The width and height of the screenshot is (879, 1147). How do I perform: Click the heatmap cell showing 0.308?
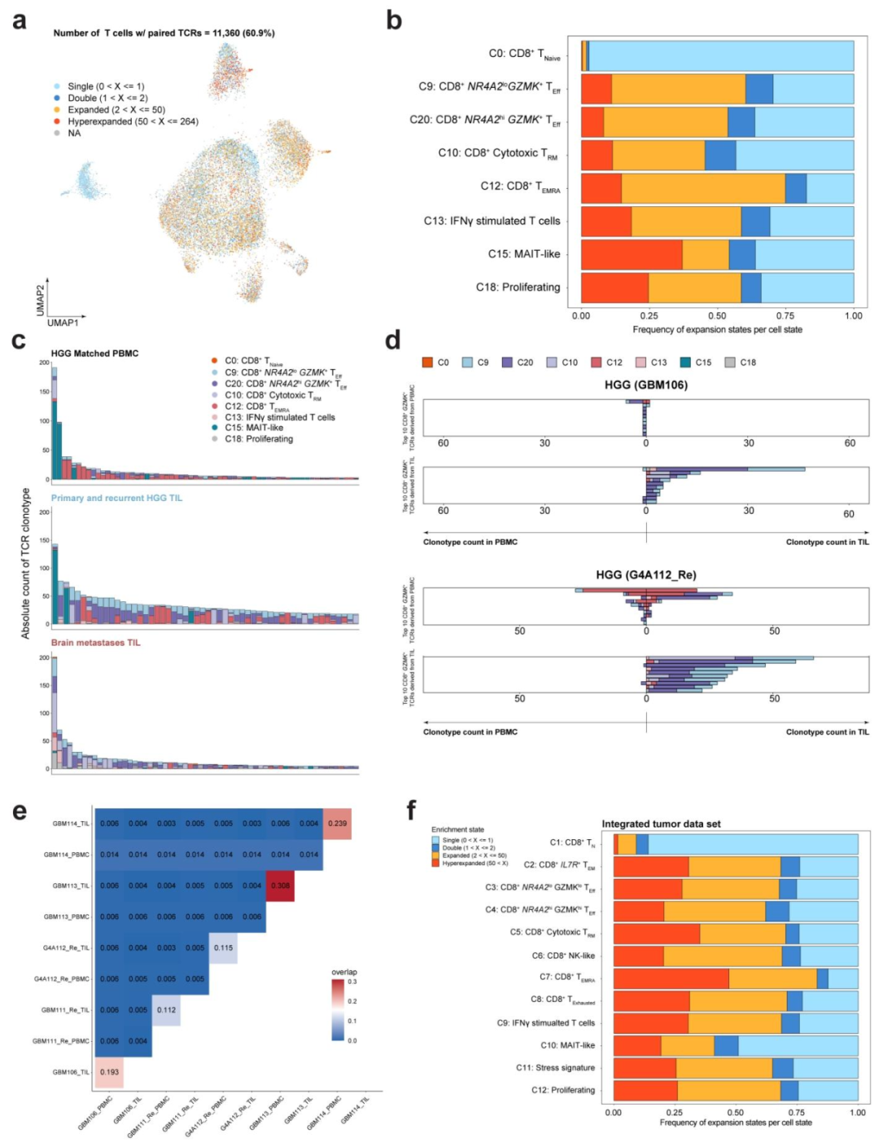pyautogui.click(x=280, y=886)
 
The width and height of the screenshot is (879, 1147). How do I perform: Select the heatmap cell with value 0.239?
pyautogui.click(x=337, y=824)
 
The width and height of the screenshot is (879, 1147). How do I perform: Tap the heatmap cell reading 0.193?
pyautogui.click(x=109, y=1072)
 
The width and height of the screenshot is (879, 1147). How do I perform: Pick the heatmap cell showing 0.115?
pyautogui.click(x=223, y=947)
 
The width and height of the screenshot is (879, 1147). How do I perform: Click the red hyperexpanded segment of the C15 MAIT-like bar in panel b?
pyautogui.click(x=632, y=254)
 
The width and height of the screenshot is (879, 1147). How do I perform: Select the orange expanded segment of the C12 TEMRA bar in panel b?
pyautogui.click(x=703, y=188)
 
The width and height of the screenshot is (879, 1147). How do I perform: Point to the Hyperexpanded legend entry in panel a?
pyautogui.click(x=133, y=121)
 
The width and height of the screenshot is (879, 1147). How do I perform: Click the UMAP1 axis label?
pyautogui.click(x=63, y=323)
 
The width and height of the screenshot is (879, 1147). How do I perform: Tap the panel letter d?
pyautogui.click(x=393, y=340)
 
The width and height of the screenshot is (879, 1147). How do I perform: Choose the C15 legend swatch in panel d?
pyautogui.click(x=686, y=363)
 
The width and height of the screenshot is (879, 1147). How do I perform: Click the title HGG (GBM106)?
pyautogui.click(x=645, y=385)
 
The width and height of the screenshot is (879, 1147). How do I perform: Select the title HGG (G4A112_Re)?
pyautogui.click(x=645, y=574)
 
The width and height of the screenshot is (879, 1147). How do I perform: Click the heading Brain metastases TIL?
pyautogui.click(x=95, y=643)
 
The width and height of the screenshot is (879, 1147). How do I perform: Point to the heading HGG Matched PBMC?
pyautogui.click(x=94, y=354)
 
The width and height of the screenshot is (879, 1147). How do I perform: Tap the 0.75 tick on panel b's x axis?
pyautogui.click(x=785, y=316)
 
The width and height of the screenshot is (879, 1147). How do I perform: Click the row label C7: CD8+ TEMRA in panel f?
pyautogui.click(x=566, y=977)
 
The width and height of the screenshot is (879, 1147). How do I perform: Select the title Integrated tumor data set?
pyautogui.click(x=661, y=824)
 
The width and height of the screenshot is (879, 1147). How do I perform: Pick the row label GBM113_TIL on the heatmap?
pyautogui.click(x=71, y=886)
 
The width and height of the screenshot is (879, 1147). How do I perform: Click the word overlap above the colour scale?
pyautogui.click(x=343, y=972)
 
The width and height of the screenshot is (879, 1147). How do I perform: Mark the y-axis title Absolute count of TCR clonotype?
pyautogui.click(x=26, y=563)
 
